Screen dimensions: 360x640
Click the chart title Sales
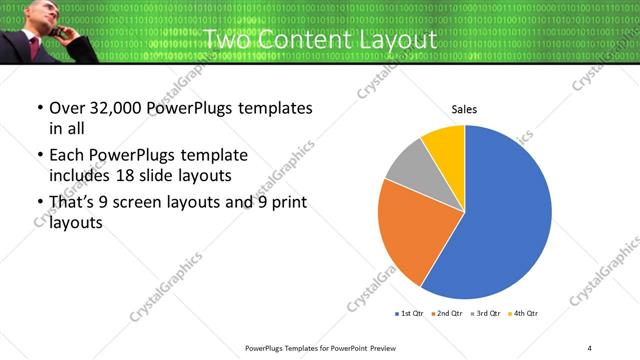coord(463,109)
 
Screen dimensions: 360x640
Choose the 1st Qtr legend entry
coord(410,314)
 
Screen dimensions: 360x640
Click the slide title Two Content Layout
coord(320,40)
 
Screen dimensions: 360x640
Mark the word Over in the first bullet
coord(66,108)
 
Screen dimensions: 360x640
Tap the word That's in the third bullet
coord(73,203)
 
